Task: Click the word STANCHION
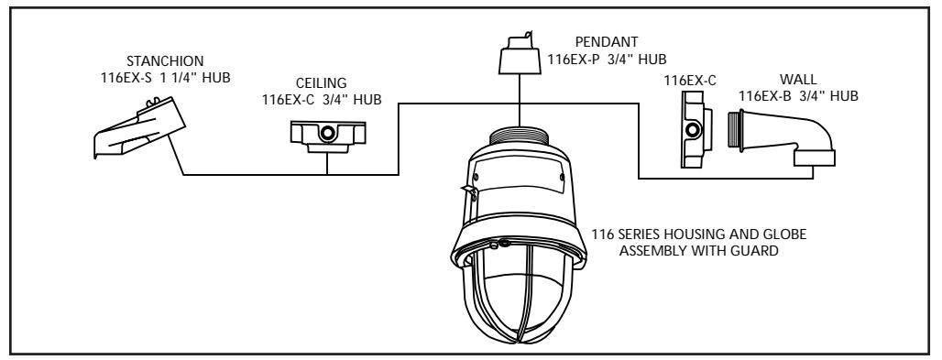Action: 165,61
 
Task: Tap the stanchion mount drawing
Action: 139,127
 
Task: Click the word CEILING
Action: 322,83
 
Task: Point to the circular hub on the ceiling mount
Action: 327,132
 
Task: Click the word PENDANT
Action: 607,43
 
